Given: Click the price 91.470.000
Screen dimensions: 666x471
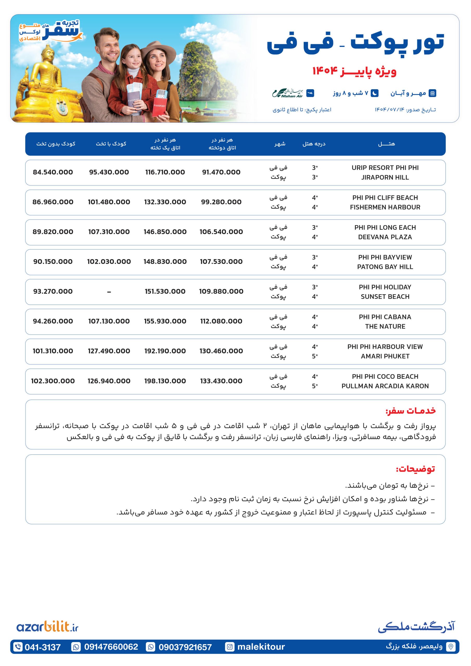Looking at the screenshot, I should coord(221,172).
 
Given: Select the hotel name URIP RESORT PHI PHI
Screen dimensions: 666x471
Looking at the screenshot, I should coord(385,168).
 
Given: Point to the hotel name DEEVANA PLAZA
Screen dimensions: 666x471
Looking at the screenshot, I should coord(385,237).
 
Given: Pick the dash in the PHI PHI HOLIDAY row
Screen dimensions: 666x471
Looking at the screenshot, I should coord(109,292).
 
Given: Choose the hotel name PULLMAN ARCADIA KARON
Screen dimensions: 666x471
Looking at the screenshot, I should coord(385,386).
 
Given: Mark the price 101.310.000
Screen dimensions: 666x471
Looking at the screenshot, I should coord(53,351).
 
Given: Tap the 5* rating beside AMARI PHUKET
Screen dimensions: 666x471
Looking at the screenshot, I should coord(315,356).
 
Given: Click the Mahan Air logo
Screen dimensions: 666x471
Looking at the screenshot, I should coord(287,93).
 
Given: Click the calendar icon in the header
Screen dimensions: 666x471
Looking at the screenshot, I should coord(432,93).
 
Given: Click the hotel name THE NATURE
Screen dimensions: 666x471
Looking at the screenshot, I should coord(385,326).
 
